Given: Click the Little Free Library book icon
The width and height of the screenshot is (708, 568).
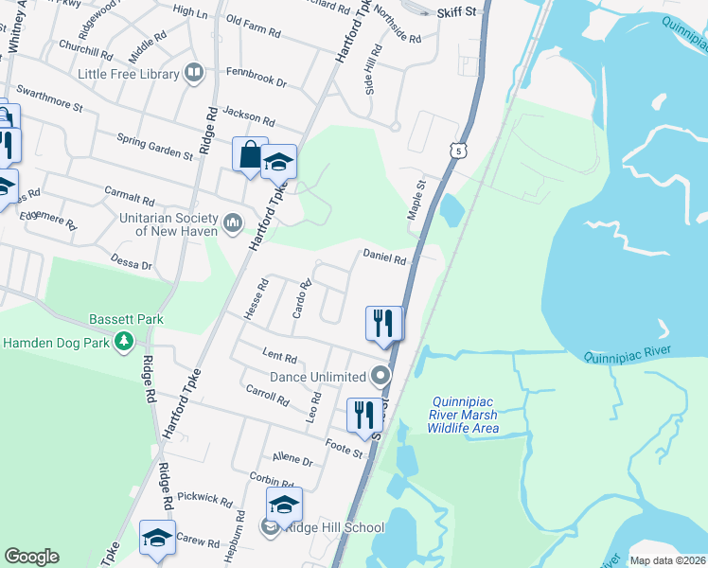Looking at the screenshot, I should [x=194, y=73].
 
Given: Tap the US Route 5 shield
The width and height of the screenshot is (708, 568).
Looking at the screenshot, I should [x=459, y=151].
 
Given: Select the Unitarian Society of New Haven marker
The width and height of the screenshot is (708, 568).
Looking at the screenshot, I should [x=233, y=224].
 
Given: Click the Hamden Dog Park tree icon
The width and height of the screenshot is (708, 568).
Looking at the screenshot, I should [x=123, y=340].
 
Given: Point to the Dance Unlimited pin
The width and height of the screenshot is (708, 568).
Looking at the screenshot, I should [x=381, y=377].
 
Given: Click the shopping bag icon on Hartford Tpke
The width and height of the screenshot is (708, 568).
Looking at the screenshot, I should [x=250, y=154].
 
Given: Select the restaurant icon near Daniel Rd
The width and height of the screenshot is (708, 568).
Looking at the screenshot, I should [x=383, y=323].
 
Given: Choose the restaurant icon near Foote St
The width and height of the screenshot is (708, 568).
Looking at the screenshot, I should [x=363, y=415].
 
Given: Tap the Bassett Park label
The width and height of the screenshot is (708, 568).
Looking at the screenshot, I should [x=126, y=319].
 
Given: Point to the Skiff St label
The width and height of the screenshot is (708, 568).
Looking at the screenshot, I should [x=461, y=12].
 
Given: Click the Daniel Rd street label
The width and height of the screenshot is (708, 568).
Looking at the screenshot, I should [x=384, y=257].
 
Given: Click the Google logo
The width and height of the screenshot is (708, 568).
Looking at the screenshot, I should [x=31, y=557].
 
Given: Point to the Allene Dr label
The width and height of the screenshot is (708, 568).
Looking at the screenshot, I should [x=292, y=460].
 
